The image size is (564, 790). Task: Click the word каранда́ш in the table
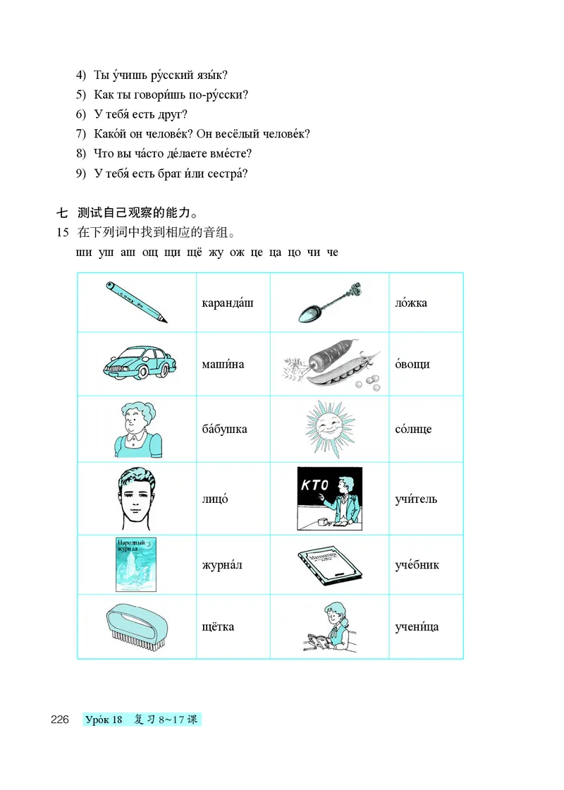(227, 303)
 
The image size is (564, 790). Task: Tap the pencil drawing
(137, 302)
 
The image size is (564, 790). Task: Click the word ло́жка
(412, 303)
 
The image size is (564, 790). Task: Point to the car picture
(137, 363)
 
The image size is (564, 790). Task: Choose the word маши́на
(223, 364)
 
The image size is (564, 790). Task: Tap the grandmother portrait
(137, 428)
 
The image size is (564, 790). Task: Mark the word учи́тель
(417, 499)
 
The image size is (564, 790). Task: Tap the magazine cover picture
(135, 564)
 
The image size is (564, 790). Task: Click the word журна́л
(221, 564)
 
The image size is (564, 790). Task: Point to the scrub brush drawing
(136, 626)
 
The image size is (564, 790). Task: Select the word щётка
(218, 626)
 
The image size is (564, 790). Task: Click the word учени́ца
(417, 626)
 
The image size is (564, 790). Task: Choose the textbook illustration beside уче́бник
(329, 564)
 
